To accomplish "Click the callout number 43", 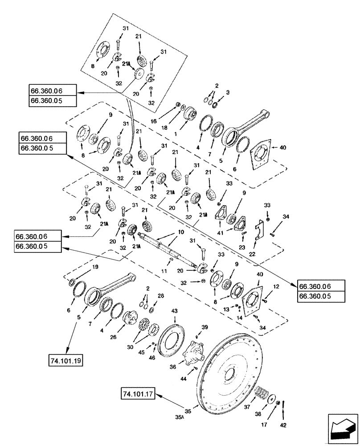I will click(x=175, y=310).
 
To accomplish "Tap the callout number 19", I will click(x=94, y=267).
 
